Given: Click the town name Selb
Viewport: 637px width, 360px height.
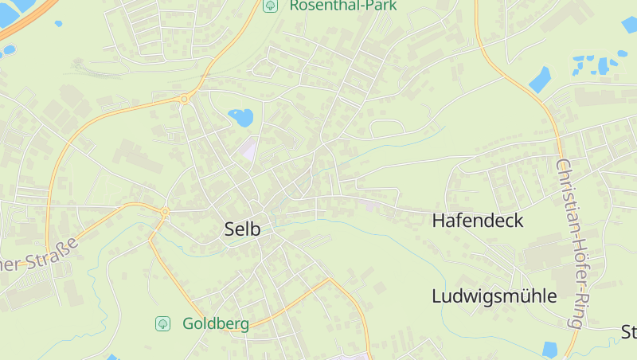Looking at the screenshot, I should click(x=243, y=229).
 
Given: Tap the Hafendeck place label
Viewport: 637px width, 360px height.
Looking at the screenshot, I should click(x=478, y=221).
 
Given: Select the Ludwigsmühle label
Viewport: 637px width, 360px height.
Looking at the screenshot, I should click(x=494, y=296).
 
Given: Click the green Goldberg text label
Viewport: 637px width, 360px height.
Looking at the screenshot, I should click(x=216, y=323).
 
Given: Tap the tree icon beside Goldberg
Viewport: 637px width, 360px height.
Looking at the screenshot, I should click(x=162, y=323).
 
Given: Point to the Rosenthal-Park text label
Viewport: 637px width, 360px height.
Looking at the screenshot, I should click(x=343, y=5).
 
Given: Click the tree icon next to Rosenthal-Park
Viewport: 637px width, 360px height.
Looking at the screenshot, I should click(x=270, y=5).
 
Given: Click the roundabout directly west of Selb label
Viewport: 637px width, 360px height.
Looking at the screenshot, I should click(x=165, y=212).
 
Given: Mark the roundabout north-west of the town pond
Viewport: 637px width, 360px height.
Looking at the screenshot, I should click(x=185, y=99).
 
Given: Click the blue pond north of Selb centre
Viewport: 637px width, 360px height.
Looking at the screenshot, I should click(x=241, y=118).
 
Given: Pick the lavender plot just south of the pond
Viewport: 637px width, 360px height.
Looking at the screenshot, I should click(x=250, y=148).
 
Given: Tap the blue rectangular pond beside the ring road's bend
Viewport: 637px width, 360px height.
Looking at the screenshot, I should click(x=540, y=79).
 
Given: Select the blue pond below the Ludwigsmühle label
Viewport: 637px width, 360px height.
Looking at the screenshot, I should click(x=549, y=349).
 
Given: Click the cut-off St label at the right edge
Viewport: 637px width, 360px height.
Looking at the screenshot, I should click(x=629, y=331).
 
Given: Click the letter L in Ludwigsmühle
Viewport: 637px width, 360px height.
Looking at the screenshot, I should click(x=437, y=296).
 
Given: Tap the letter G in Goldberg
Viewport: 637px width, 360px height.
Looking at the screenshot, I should click(x=189, y=323).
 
